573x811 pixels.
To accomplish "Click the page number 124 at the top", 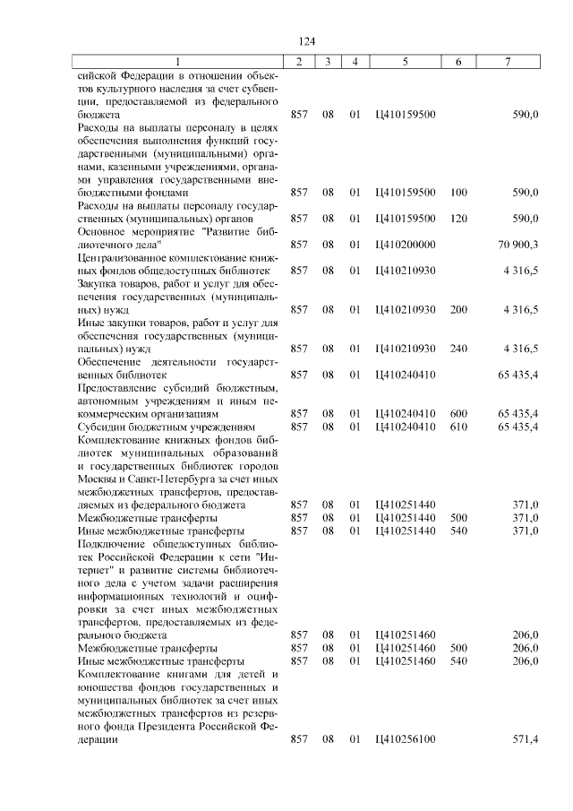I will coord(307,41).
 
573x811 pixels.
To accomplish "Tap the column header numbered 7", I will coord(508,62).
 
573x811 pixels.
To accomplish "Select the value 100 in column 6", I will coord(458,193).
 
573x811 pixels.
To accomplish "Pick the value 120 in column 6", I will coord(458,219).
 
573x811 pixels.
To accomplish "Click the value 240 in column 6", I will coord(458,349).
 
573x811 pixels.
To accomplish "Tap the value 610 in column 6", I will coord(458,427).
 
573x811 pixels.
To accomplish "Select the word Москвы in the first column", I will coord(98,479).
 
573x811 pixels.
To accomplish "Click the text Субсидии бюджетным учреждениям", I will coord(167,427).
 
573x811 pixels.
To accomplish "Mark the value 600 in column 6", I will coord(458,413).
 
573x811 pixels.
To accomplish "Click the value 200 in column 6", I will coord(458,309).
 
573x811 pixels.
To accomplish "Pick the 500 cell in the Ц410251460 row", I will coord(458,648).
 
